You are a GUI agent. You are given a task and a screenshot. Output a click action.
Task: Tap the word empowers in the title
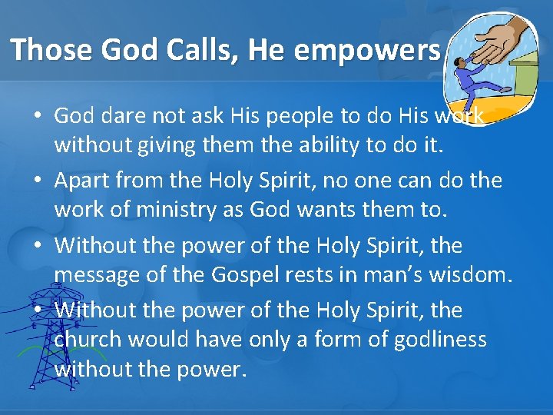pos(367,49)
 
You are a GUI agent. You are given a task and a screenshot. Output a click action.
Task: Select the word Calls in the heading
pos(200,49)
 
